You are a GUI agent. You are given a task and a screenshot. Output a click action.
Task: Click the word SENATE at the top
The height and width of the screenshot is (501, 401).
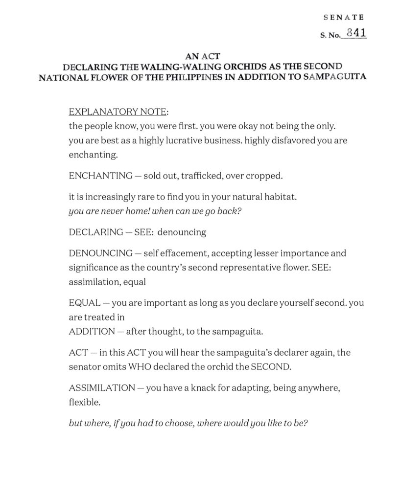(x=344, y=17)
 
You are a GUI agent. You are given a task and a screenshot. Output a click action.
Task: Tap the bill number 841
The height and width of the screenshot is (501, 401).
(x=356, y=33)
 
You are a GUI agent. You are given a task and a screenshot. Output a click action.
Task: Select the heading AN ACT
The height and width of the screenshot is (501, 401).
(x=202, y=57)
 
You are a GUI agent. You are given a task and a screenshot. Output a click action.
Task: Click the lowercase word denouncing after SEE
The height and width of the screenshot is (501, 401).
(x=182, y=232)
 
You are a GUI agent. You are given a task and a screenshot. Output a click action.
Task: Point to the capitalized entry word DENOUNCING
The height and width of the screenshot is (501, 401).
(x=100, y=253)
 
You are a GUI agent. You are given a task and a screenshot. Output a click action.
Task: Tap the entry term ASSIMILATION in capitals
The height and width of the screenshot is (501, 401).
(x=102, y=387)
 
